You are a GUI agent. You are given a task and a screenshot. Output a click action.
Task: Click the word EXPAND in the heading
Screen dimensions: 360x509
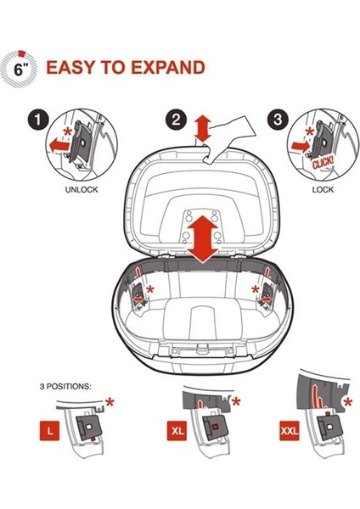[x=168, y=68]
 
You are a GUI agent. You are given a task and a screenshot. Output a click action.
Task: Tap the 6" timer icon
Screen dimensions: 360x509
[x=20, y=70]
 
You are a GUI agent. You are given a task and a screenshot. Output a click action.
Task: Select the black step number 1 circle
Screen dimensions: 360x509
[x=37, y=120]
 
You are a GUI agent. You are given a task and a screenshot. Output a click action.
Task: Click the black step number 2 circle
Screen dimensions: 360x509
[x=176, y=120]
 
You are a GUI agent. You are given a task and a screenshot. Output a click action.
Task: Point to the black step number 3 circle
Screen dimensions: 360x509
[x=278, y=120]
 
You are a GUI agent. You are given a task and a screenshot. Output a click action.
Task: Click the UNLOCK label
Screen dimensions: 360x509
[x=82, y=190]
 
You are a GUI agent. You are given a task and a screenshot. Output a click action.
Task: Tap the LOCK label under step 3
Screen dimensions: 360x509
[x=323, y=189]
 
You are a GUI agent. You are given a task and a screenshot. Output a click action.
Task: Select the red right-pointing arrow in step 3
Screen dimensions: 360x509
[x=300, y=147]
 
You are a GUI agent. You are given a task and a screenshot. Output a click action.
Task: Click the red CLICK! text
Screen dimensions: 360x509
[x=323, y=162]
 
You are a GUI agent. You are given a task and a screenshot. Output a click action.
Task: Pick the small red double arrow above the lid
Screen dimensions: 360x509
[x=204, y=128]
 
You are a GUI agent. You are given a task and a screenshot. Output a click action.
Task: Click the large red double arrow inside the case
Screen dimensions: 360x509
[x=203, y=238]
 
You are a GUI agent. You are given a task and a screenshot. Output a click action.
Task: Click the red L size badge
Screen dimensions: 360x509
[x=50, y=431]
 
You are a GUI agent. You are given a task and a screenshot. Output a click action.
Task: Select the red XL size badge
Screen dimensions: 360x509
[x=177, y=430]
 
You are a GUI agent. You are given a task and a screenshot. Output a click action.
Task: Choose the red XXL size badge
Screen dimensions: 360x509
[x=290, y=430]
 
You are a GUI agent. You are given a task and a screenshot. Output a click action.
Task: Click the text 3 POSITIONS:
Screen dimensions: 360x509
[x=65, y=387]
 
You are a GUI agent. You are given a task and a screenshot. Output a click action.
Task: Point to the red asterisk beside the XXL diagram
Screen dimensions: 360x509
[x=348, y=403]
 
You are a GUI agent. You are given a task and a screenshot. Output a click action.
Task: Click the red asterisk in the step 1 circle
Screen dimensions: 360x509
[x=68, y=132]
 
